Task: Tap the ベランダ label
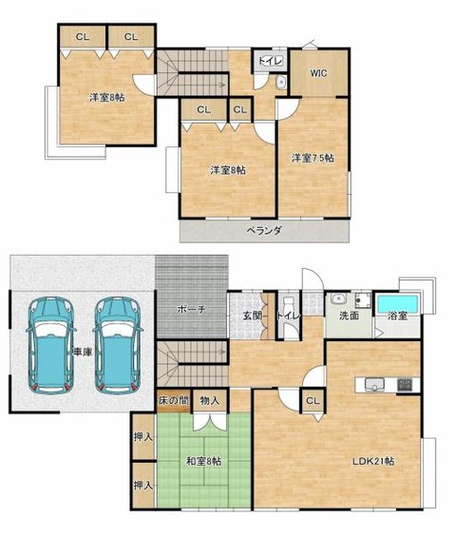pos(265,230)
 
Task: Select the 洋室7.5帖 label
pos(313,158)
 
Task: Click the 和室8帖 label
pos(203,461)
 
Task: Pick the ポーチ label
pos(193,310)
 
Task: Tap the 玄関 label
pos(251,316)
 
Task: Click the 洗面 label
pos(348,316)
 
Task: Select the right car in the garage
pos(117,344)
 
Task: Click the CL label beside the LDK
pos(312,401)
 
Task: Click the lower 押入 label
pos(142,485)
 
